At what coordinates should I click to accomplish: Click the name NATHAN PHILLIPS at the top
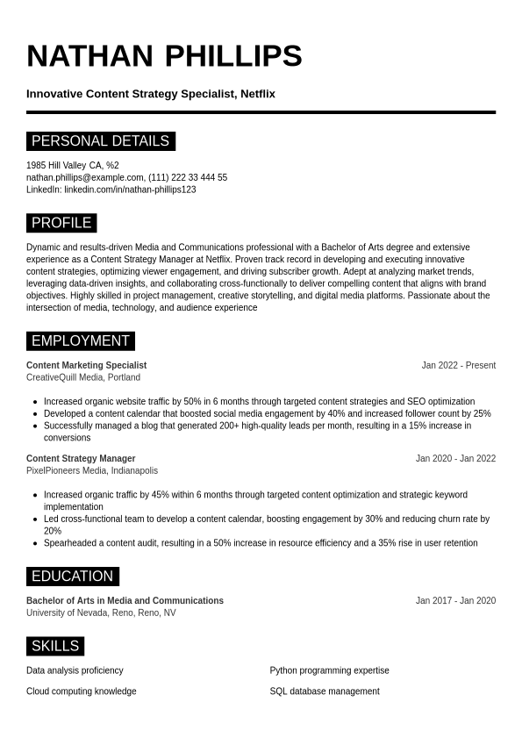point(164,56)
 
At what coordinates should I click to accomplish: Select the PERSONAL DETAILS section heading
point(100,141)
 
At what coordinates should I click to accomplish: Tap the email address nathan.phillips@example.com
point(84,177)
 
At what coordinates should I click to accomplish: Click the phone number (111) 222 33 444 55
point(188,177)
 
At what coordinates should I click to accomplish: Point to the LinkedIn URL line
point(111,190)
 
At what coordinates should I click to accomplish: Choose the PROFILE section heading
point(61,223)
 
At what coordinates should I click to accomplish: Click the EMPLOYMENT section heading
point(80,341)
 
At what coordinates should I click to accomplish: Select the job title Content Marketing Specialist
point(86,365)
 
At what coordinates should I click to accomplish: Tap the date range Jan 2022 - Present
point(458,365)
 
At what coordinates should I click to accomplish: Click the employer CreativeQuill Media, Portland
point(83,377)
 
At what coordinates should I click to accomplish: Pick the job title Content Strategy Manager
point(81,458)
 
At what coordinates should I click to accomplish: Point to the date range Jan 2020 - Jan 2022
point(455,458)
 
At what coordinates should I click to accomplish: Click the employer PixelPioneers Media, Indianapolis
point(92,470)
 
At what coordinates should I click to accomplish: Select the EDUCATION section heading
point(72,577)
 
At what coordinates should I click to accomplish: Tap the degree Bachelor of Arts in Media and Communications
point(125,600)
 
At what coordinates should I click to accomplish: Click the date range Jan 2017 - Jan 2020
point(455,600)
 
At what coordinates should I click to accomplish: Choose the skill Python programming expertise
point(329,670)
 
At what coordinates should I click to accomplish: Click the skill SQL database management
point(325,691)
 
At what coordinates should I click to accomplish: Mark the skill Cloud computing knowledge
point(82,691)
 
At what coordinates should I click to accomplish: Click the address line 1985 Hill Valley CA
point(72,165)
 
